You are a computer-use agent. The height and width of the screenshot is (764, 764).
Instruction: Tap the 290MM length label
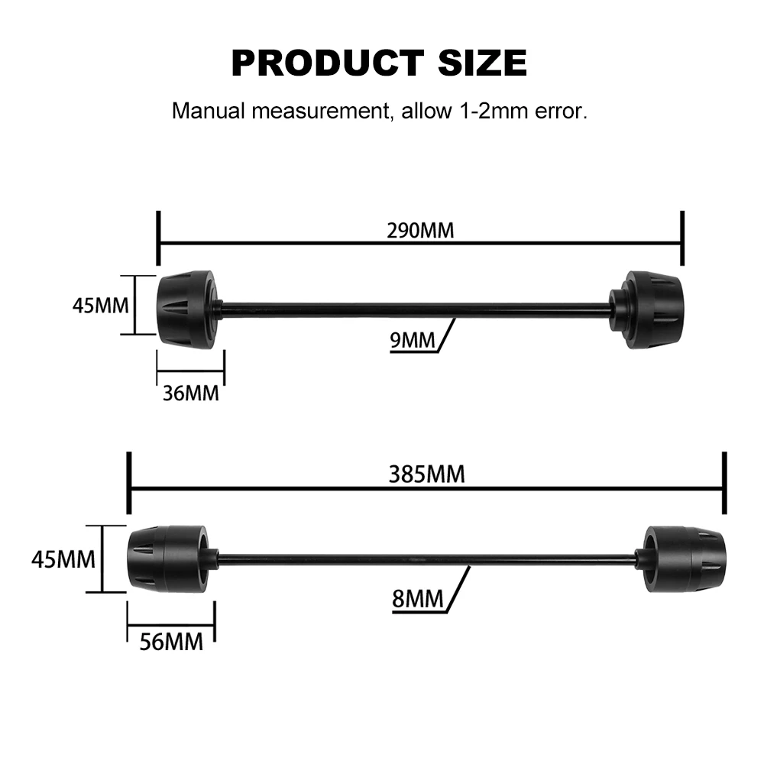(420, 230)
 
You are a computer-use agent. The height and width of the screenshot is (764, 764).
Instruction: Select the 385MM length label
(427, 474)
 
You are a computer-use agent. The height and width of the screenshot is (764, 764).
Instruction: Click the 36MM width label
(190, 393)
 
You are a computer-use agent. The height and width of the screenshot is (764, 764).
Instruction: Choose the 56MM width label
(171, 642)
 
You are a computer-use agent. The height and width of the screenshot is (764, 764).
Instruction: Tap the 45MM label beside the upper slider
(102, 306)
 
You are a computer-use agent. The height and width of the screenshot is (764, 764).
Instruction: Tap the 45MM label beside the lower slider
(63, 559)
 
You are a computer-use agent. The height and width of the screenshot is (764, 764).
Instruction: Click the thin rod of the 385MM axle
(428, 559)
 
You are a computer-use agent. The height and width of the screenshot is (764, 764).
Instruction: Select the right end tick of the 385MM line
(724, 483)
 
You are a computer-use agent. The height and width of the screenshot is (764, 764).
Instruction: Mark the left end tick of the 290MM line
(158, 238)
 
